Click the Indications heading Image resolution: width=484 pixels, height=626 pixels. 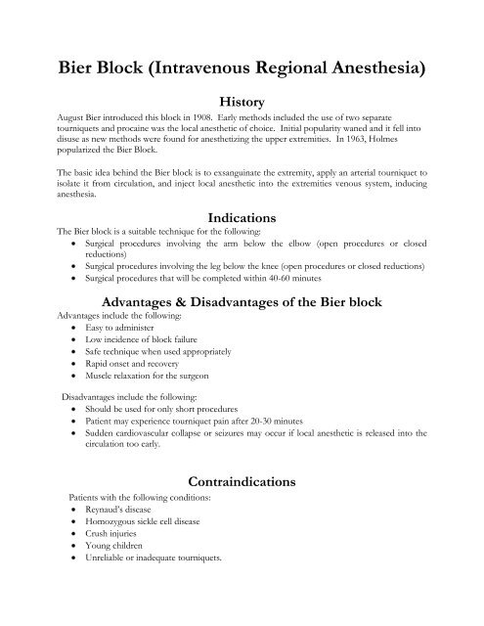[x=242, y=221]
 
